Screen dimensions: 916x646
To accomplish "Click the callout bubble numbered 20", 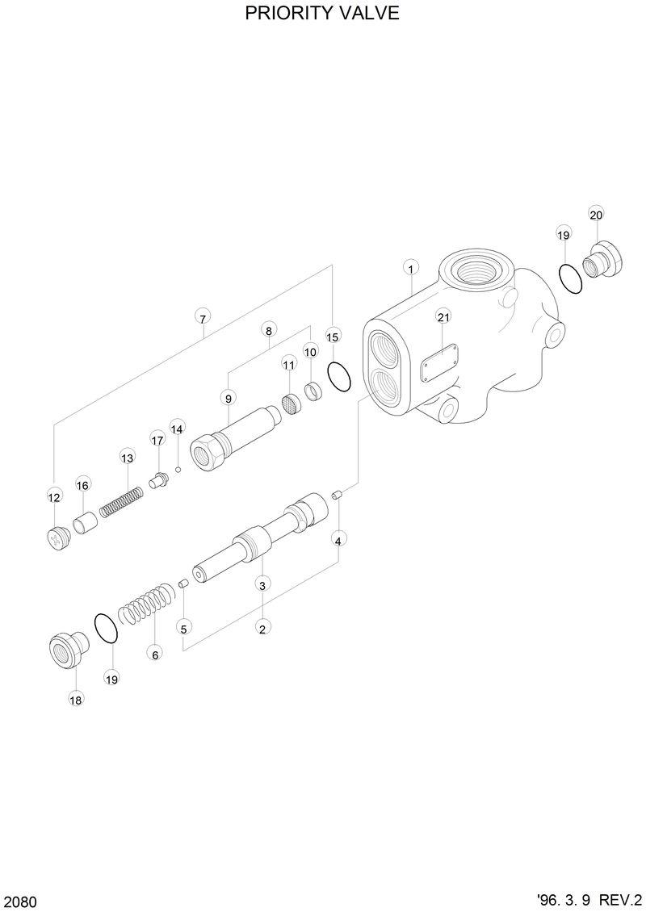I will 596,215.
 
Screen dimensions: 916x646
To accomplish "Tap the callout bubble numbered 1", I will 410,268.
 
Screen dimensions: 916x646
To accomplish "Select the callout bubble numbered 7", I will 203,316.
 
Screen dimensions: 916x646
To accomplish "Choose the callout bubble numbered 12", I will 54,497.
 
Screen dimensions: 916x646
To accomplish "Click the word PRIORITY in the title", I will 283,14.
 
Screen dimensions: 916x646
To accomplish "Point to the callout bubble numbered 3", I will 262,584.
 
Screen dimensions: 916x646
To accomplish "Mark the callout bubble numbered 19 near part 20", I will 563,235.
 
